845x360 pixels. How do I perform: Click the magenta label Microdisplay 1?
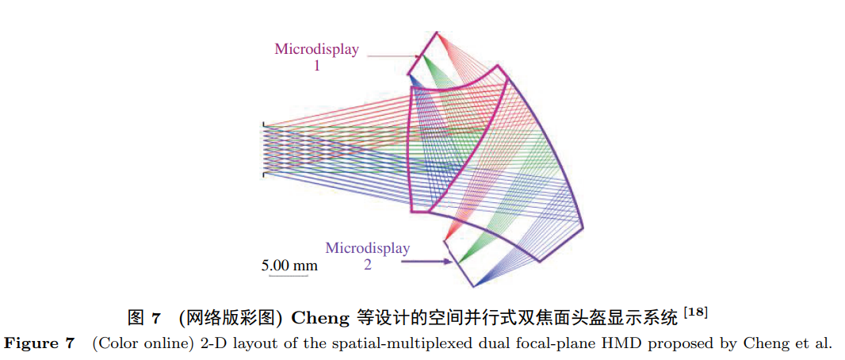click(316, 57)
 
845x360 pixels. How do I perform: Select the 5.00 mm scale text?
click(289, 265)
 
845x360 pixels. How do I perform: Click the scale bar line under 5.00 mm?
click(289, 277)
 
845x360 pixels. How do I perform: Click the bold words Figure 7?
click(40, 343)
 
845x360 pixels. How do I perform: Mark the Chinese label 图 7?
click(143, 319)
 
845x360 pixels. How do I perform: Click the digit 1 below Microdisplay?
click(317, 67)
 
